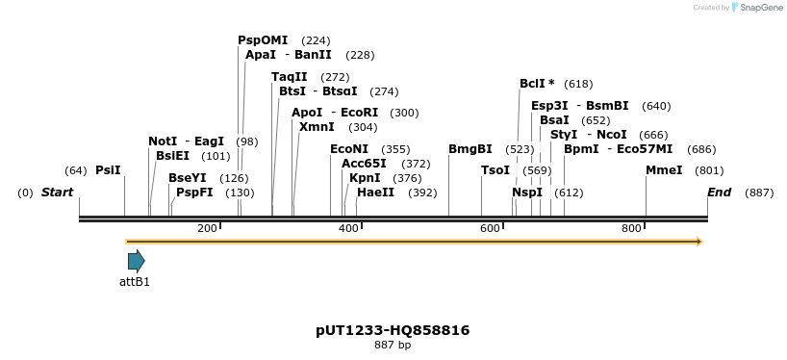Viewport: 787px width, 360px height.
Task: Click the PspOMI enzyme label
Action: (x=263, y=40)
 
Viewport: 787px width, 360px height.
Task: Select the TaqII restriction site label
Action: (x=290, y=77)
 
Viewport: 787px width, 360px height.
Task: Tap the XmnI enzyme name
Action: (x=317, y=127)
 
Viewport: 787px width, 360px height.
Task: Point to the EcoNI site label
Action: (x=349, y=149)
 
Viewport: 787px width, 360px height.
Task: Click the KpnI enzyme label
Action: (x=365, y=178)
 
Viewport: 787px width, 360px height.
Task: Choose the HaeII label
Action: (x=375, y=193)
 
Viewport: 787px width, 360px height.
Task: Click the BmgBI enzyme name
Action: (x=470, y=149)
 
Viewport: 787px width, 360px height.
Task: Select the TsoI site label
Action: (x=495, y=170)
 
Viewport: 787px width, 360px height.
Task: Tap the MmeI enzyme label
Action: (x=664, y=170)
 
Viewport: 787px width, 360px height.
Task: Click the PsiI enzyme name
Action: (x=108, y=170)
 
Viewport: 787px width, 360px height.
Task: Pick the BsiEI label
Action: (x=173, y=156)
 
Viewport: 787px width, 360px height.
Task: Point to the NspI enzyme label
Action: (x=527, y=193)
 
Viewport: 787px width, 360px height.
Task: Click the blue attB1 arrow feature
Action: (x=136, y=261)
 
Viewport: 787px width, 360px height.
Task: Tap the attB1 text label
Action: (x=135, y=282)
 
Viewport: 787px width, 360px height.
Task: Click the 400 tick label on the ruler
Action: (x=348, y=228)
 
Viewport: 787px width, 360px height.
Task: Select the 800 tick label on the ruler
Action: (x=631, y=228)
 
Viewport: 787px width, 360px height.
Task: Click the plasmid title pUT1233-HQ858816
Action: (x=393, y=330)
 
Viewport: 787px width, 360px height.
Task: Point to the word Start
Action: (x=57, y=193)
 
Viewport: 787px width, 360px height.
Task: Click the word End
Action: (x=719, y=193)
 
